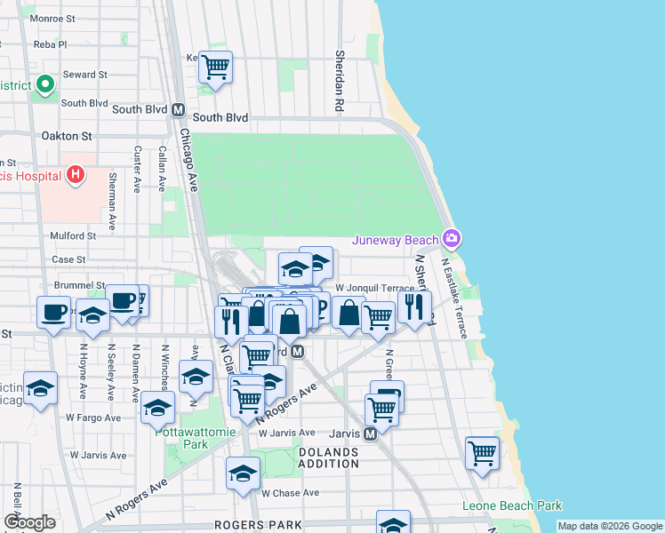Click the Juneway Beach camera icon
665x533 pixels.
pos(452,238)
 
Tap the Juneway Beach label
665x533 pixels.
pos(396,240)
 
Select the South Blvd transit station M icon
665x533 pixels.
pos(178,111)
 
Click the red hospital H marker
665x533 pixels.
pos(76,174)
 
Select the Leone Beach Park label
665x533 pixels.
pos(512,506)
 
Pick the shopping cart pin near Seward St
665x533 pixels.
pos(215,67)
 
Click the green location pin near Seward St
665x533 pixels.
pos(45,85)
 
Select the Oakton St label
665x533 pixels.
pos(67,136)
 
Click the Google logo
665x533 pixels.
pos(29,522)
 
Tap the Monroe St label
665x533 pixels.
pos(52,18)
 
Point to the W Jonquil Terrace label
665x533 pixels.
pos(374,288)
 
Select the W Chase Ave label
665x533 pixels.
pos(290,492)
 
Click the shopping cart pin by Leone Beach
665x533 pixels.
pos(481,452)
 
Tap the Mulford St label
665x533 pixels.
pos(73,235)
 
